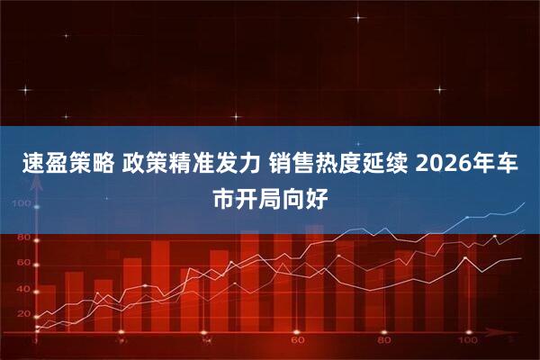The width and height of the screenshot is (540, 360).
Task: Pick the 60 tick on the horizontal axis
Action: [298, 341]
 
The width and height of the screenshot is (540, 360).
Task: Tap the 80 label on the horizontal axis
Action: [384, 341]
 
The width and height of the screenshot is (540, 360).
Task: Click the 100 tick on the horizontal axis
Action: [467, 341]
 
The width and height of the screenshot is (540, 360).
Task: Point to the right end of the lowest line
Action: [522, 259]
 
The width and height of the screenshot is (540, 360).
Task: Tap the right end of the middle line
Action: [524, 231]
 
